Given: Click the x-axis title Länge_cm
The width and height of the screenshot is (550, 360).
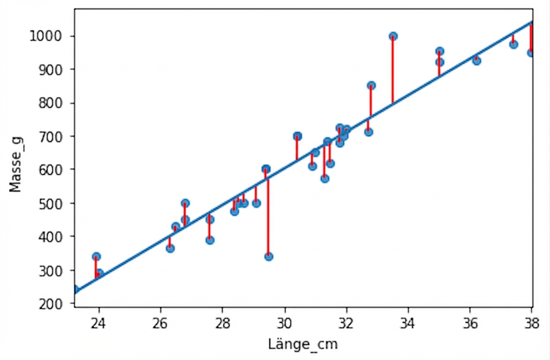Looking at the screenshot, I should coord(302,345).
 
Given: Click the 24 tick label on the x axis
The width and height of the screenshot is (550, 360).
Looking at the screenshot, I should coord(99,324).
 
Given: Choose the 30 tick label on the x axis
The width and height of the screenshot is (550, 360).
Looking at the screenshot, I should coord(285,324).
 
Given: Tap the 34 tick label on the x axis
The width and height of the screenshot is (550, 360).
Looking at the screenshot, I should coord(408,324).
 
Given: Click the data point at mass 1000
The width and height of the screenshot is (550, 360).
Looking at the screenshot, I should coord(393,36).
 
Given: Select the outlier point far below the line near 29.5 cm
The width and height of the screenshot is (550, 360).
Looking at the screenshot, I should coord(269,256).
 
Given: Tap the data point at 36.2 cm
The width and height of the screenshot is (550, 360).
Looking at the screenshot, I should coord(476,61).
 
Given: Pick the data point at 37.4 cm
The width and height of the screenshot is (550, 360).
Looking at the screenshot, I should coord(513,44).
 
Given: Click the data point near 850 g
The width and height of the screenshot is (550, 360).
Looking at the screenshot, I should coord(371,86).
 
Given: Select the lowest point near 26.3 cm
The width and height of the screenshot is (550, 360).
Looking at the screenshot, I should coord(170,248).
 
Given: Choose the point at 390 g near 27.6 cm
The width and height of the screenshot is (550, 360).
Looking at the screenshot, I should coord(210,240).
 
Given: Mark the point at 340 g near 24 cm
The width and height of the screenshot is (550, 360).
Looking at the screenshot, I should coord(96,257).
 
